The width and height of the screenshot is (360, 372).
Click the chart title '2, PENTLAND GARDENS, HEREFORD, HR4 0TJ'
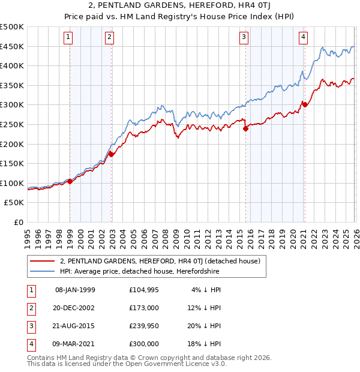(180, 5)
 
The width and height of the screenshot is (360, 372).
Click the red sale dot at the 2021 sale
(305, 104)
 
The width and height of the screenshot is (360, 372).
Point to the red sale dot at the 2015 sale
(245, 128)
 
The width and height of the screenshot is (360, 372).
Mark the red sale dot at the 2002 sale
(111, 154)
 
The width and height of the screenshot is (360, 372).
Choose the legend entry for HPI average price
(139, 271)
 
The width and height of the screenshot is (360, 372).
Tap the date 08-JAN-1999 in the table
(75, 290)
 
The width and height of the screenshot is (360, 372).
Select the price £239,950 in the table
(144, 326)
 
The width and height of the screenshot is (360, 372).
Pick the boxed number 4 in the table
(30, 344)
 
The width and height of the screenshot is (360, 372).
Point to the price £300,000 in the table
(144, 344)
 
